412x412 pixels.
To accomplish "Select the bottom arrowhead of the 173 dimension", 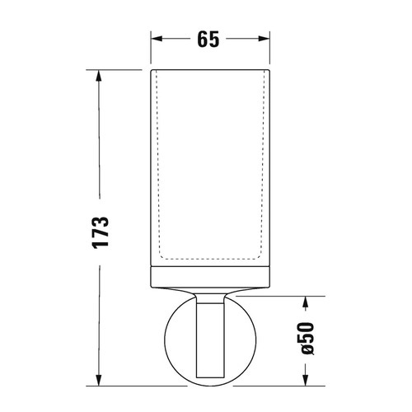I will point(101,382).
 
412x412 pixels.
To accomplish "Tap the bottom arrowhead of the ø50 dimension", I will point(307,382).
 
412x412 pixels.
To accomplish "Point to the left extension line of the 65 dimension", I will point(152,49).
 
